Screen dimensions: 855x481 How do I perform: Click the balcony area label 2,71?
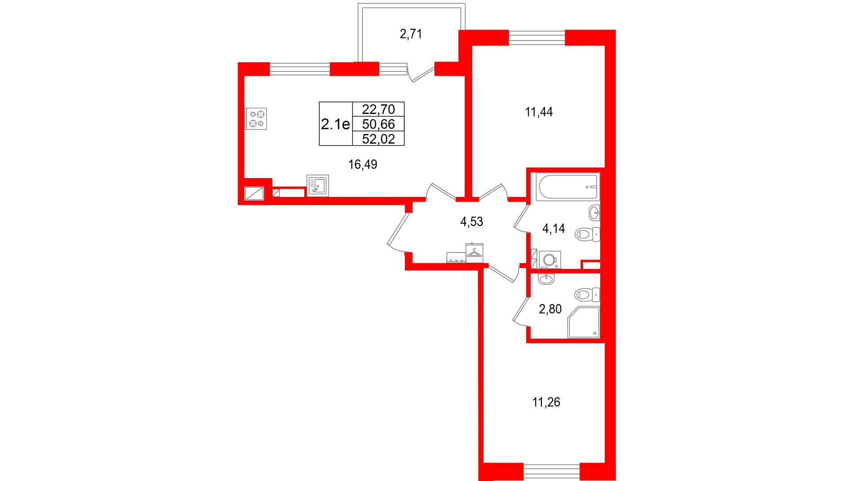click(x=411, y=34)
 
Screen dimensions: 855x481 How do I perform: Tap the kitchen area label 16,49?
click(x=362, y=165)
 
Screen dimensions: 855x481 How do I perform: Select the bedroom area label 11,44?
click(x=539, y=112)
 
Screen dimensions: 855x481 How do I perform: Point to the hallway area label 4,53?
click(x=472, y=221)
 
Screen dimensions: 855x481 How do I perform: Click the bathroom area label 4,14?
click(x=554, y=228)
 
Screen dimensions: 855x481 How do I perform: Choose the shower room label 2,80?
click(x=550, y=309)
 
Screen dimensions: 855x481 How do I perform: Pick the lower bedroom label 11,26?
click(x=546, y=402)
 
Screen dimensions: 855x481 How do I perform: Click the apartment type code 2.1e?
click(x=335, y=124)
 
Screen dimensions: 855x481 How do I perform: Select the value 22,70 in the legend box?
click(x=379, y=109)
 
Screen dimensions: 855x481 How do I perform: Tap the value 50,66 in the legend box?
click(x=379, y=124)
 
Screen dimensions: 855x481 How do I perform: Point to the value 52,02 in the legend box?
click(x=379, y=139)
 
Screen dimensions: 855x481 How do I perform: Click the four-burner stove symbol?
click(x=256, y=119)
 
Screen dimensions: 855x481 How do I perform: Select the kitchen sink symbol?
click(x=318, y=185)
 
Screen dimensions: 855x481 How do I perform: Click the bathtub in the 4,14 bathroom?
click(x=568, y=187)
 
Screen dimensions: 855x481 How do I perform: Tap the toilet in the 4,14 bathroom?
click(x=587, y=234)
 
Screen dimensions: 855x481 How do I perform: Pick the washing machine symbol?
click(x=550, y=260)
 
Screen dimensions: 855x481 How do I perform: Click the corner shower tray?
click(x=584, y=322)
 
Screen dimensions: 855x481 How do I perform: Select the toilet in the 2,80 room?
click(x=587, y=294)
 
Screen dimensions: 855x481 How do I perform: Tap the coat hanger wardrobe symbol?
click(x=474, y=253)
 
